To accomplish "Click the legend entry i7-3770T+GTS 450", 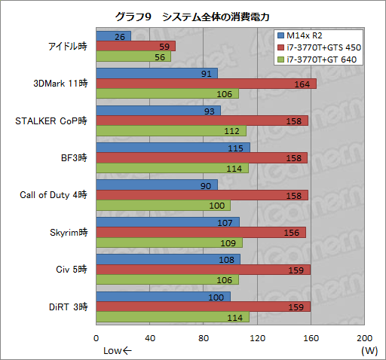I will (317, 47).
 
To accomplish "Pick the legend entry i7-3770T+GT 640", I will (317, 59).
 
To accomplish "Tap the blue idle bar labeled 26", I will (113, 36).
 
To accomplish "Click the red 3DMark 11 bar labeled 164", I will (206, 84).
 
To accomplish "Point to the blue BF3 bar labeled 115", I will (173, 148).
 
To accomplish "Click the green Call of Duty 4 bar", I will (163, 206).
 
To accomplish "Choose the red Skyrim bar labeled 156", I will (201, 233).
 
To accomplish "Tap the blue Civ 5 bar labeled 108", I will (168, 259).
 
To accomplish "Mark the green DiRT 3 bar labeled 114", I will (172, 317).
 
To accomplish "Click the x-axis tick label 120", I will (257, 337).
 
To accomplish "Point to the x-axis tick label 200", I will (364, 337).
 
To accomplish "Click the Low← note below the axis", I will (117, 350).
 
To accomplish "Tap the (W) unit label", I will (369, 350).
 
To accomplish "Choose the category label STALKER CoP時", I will (52, 121).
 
